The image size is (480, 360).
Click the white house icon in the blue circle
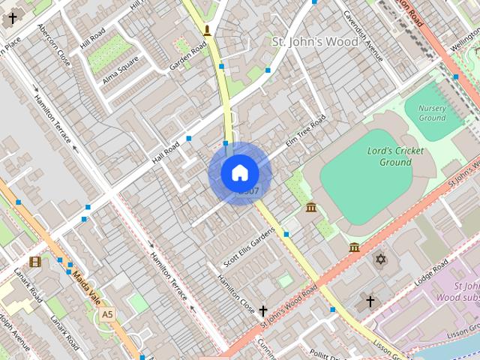[239, 173]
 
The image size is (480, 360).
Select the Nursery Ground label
[432, 112]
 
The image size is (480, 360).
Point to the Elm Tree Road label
[305, 130]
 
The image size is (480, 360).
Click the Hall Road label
[167, 150]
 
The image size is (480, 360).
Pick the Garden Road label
[187, 56]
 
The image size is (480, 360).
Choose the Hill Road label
[93, 34]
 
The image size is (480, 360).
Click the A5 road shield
[108, 313]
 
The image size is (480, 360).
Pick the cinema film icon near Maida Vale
[35, 262]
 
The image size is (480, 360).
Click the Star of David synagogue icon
[380, 259]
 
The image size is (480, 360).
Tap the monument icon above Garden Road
[207, 31]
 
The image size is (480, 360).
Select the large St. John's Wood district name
[315, 41]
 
